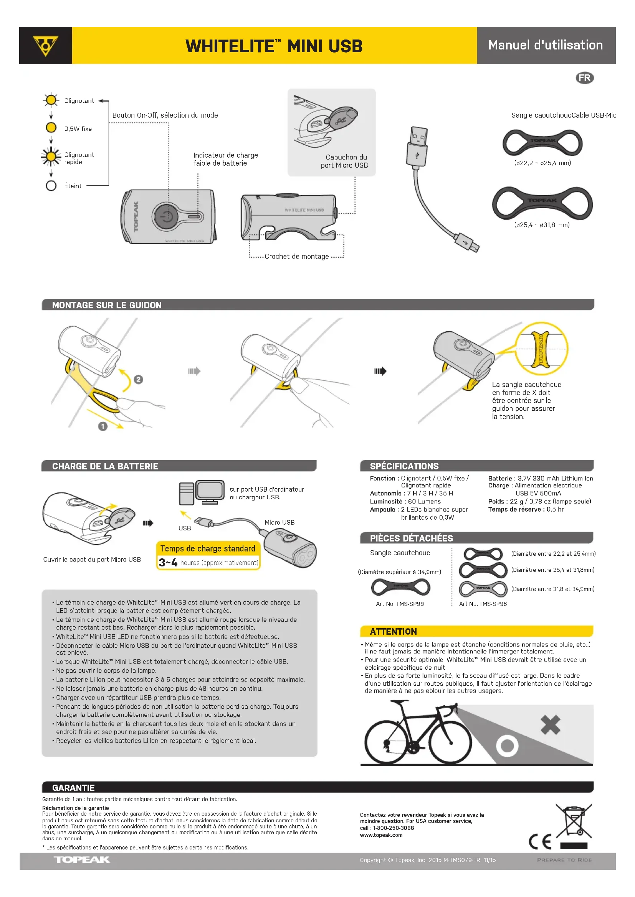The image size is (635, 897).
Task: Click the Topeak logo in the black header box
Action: click(45, 45)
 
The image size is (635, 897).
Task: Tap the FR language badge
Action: click(584, 78)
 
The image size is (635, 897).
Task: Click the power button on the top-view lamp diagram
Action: click(166, 216)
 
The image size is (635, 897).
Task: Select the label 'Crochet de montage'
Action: click(296, 257)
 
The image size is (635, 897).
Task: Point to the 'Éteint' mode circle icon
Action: click(51, 186)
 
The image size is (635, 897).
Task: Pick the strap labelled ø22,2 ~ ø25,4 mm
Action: click(542, 143)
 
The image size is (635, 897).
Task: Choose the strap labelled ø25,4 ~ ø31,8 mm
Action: click(542, 203)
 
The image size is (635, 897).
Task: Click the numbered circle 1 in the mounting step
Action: click(103, 426)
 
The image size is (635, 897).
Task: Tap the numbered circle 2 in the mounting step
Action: click(139, 379)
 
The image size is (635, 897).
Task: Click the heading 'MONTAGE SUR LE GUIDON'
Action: click(107, 305)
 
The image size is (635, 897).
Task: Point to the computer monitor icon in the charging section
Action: click(210, 491)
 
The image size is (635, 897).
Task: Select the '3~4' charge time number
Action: click(168, 563)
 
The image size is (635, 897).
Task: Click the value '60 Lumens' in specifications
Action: click(424, 501)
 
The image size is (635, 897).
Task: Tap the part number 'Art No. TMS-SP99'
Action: click(400, 604)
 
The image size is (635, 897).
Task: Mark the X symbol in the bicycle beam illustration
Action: click(551, 725)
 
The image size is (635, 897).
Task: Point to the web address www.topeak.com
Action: click(381, 835)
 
